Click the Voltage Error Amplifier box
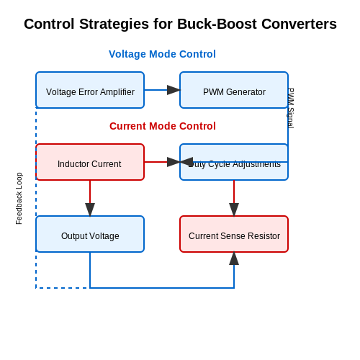pos(90,90)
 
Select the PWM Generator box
pos(234,90)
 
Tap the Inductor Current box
pos(90,162)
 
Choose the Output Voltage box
pos(90,234)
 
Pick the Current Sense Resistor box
pos(234,234)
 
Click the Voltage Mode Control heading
pos(162,54)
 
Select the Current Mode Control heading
pos(163,126)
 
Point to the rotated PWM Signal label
pos(290,108)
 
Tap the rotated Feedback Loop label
pos(19,199)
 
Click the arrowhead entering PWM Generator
pos(174,90)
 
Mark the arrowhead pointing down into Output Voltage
pos(90,210)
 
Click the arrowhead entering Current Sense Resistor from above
pos(234,210)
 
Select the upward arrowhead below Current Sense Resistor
pos(234,258)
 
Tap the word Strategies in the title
pos(114,24)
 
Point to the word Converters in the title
pos(299,24)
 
